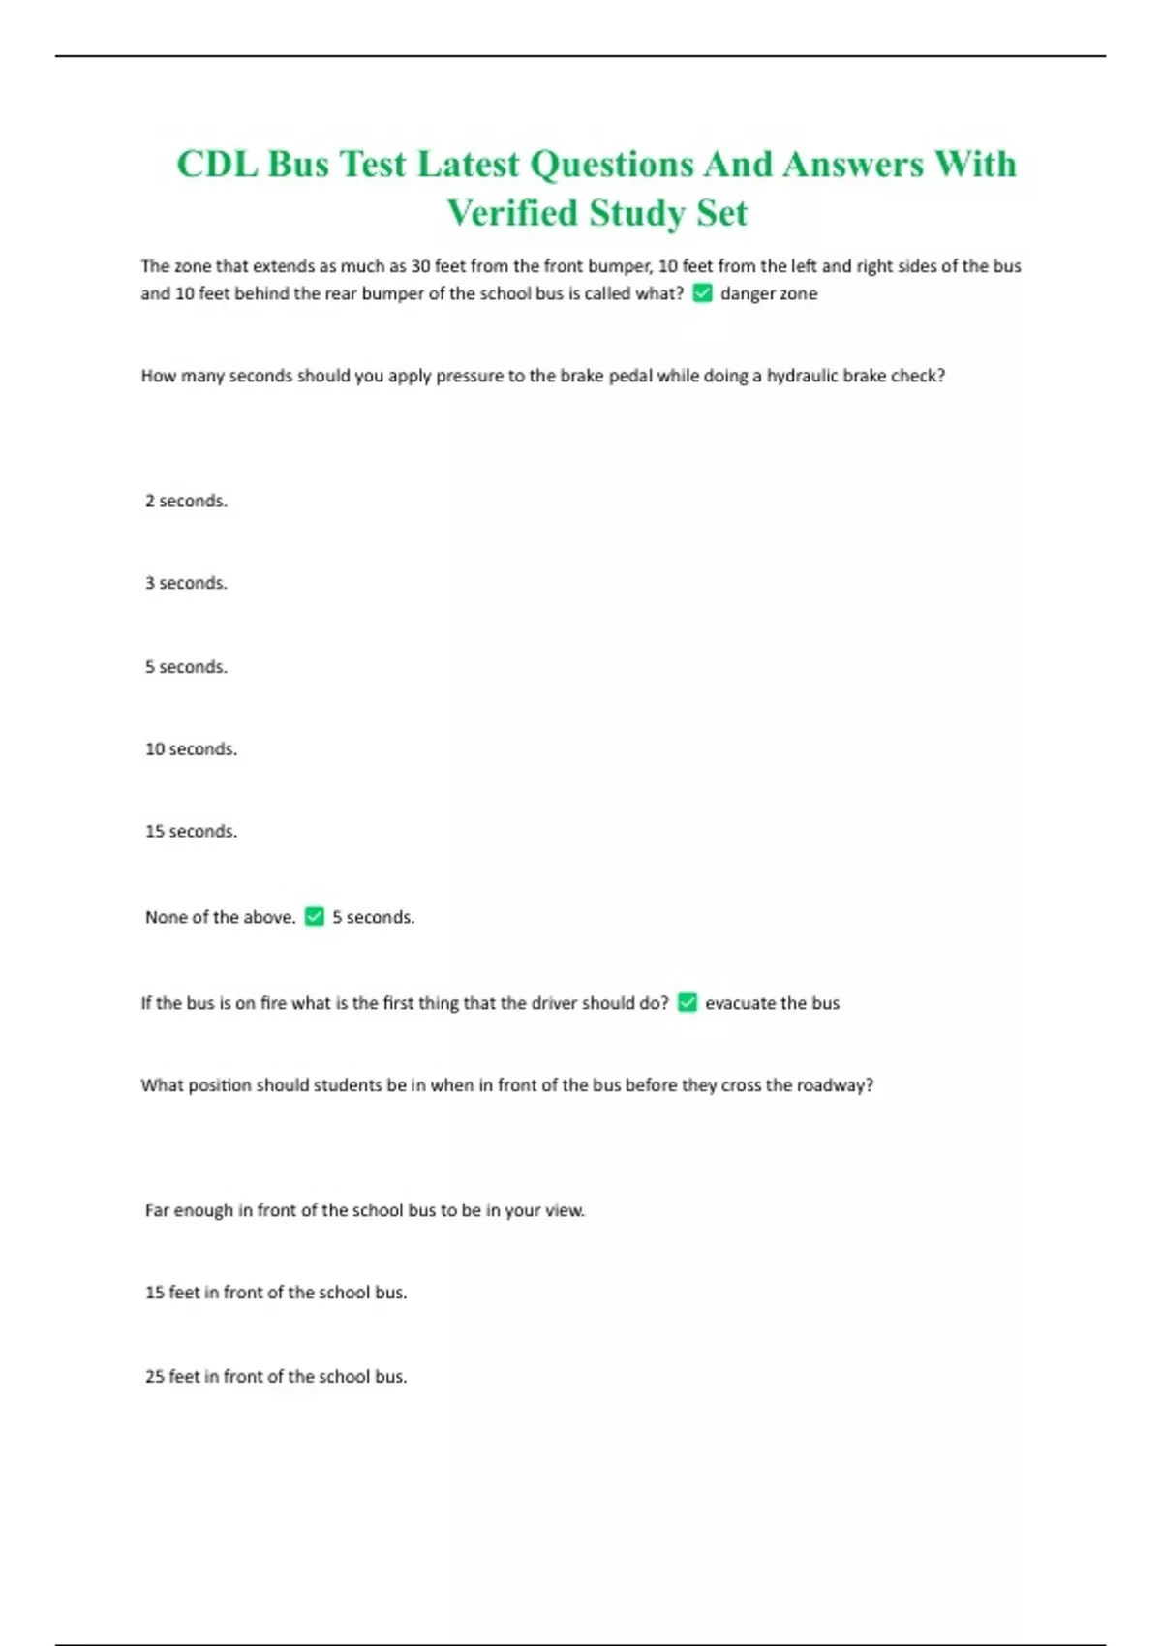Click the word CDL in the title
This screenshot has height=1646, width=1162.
[x=217, y=165]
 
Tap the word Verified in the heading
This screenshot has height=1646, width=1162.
[x=511, y=213]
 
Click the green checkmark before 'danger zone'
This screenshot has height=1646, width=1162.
[x=703, y=293]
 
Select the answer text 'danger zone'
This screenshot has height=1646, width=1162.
[x=769, y=293]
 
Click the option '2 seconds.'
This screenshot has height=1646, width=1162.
[x=186, y=501]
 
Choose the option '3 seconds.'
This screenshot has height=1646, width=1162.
[x=186, y=583]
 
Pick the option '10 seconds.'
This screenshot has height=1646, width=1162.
[x=191, y=748]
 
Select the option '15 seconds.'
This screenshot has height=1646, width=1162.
[x=191, y=831]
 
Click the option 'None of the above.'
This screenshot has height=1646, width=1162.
[x=220, y=917]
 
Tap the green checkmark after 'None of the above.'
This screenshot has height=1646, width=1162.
[x=315, y=916]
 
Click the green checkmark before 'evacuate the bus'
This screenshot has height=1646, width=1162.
[x=688, y=1002]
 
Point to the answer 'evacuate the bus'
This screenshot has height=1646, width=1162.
[x=772, y=1003]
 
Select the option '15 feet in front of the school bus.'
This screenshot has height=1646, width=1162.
[x=276, y=1293]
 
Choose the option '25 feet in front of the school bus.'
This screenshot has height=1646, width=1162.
[x=276, y=1376]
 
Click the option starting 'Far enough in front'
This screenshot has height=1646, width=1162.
[x=364, y=1210]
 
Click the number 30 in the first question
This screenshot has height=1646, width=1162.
[x=420, y=266]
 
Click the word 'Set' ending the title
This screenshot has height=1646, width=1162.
[x=721, y=213]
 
